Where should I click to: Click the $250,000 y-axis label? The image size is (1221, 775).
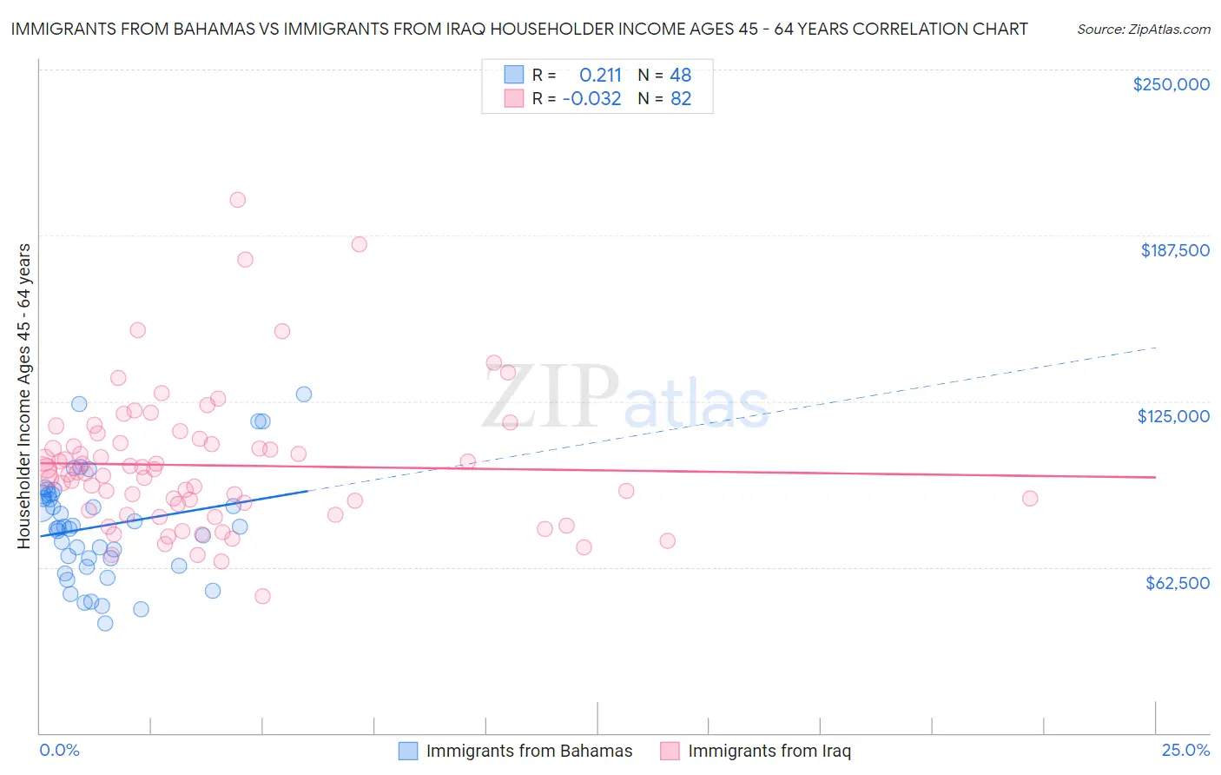(1171, 84)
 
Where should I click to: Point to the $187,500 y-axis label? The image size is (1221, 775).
(1174, 250)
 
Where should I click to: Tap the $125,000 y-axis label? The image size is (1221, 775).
(1173, 416)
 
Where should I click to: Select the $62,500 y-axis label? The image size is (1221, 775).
(1177, 583)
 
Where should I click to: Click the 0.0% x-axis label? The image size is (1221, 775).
(59, 750)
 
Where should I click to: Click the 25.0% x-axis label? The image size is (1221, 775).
(1185, 750)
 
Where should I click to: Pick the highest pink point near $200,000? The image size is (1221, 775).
(237, 200)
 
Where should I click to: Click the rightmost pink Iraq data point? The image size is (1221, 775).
(1030, 499)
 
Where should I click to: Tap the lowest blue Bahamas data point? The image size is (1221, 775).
(105, 623)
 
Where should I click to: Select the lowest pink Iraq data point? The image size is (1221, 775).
(262, 596)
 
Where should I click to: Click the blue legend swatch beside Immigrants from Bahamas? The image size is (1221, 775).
(408, 751)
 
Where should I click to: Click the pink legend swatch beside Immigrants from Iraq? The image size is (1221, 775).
(670, 751)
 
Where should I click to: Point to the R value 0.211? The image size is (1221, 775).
(600, 76)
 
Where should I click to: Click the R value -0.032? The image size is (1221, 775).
(591, 99)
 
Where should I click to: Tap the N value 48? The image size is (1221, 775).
(680, 76)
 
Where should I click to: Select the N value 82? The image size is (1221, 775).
(680, 99)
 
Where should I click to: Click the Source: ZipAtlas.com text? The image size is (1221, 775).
(1143, 29)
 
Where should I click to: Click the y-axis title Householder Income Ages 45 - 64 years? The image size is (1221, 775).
(23, 396)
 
